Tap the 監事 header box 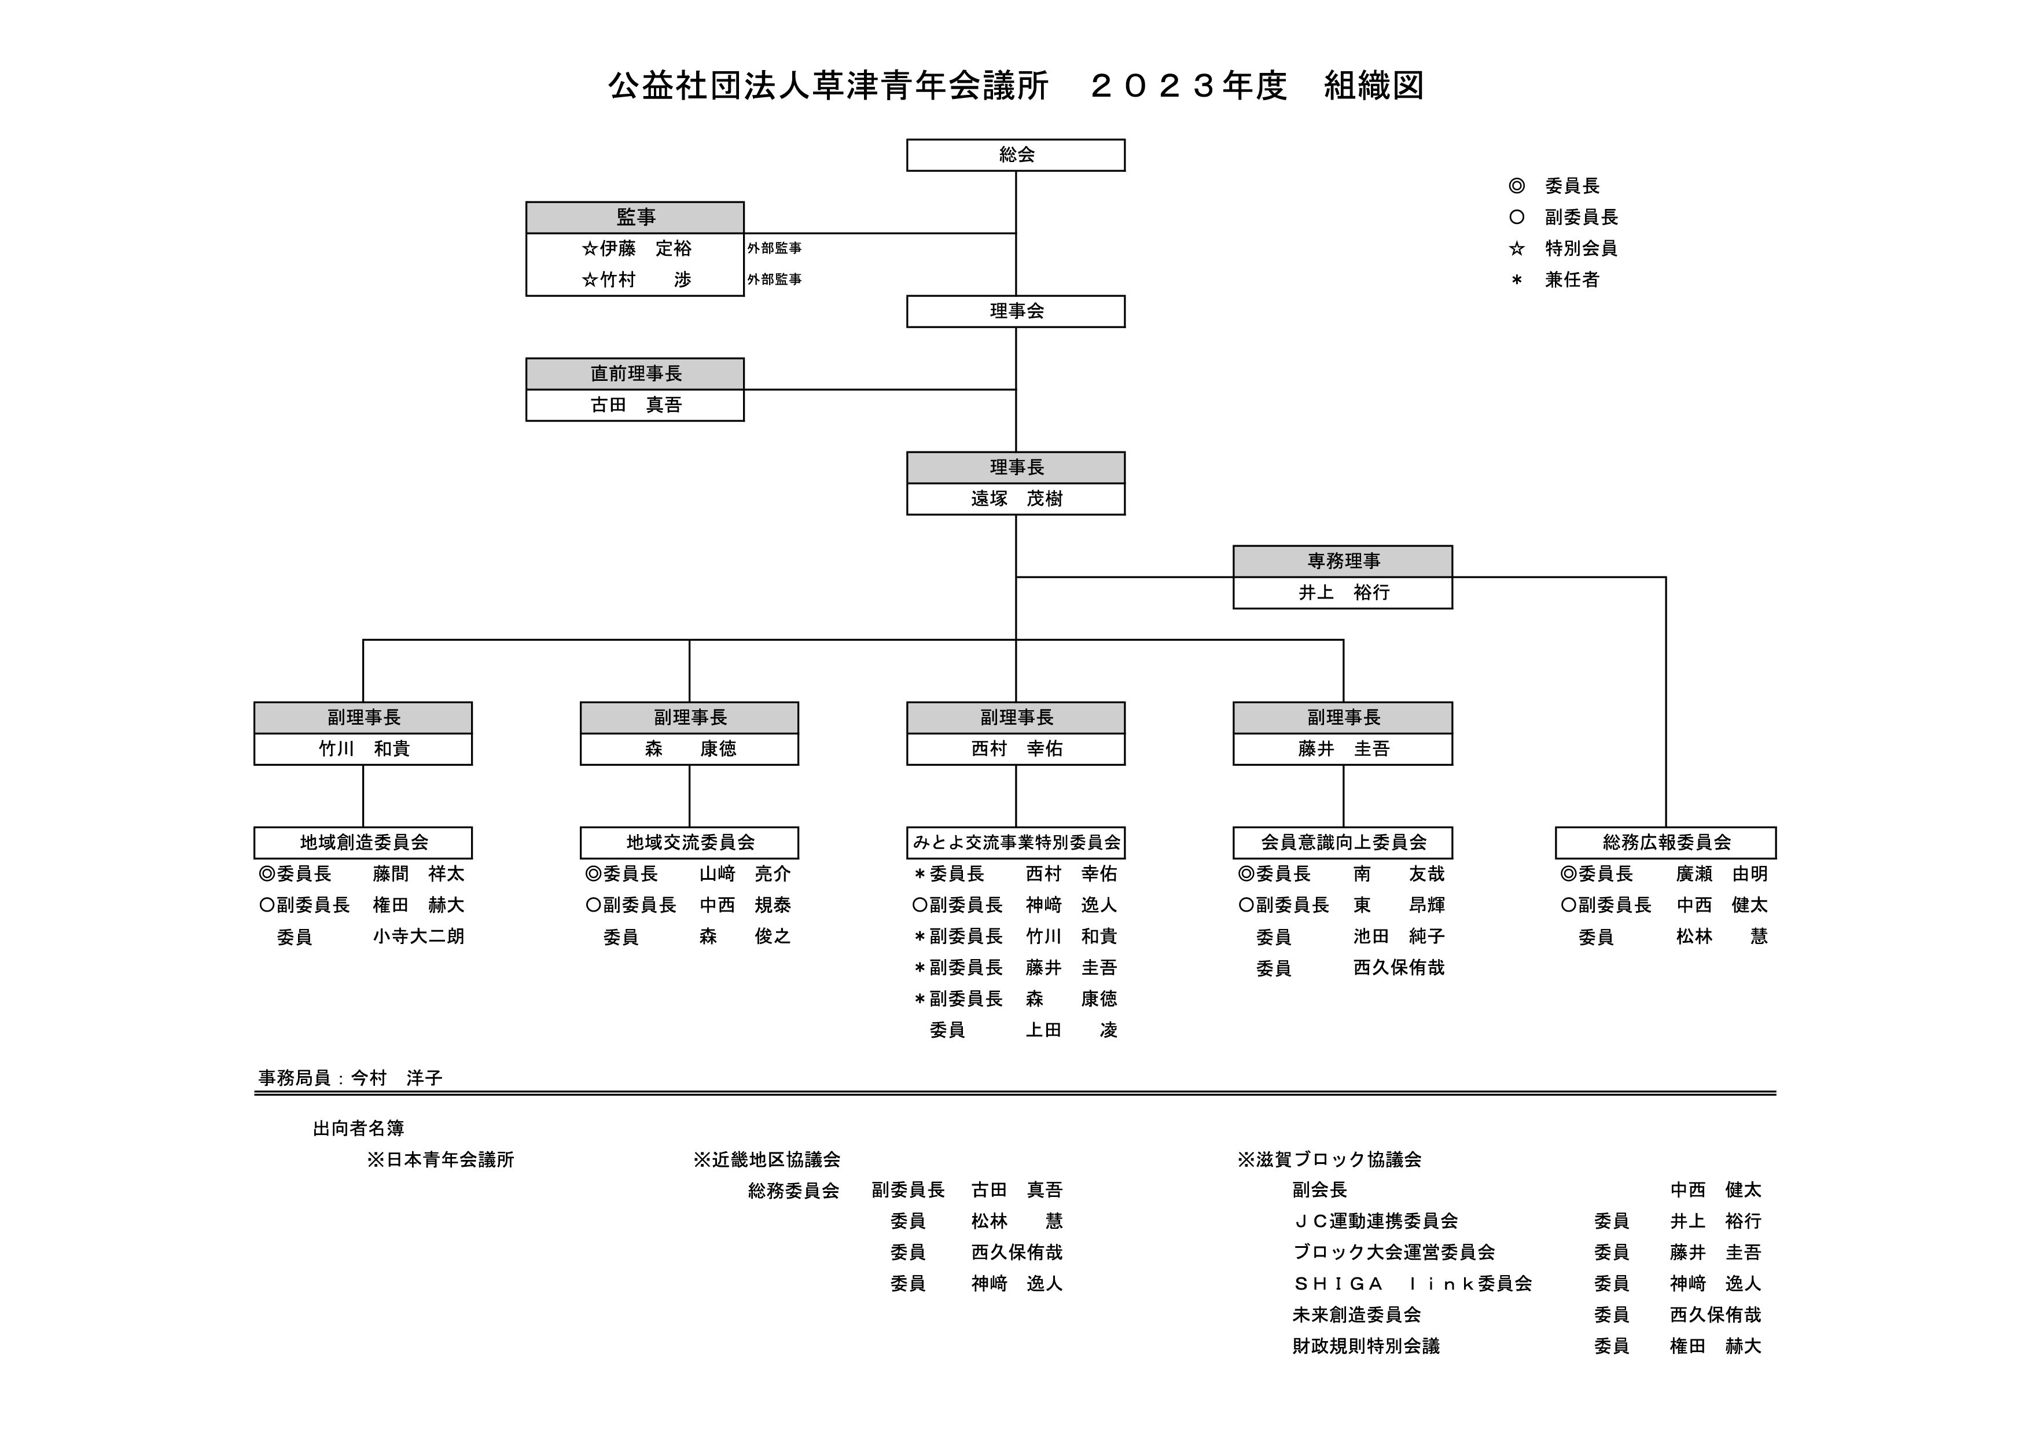click(635, 218)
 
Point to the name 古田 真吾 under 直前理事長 click(636, 405)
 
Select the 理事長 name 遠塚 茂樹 click(1016, 499)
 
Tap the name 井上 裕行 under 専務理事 click(1343, 593)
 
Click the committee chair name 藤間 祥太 click(418, 873)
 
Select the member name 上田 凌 click(1072, 1030)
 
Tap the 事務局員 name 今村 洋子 click(396, 1078)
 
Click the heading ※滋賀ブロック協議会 click(1329, 1159)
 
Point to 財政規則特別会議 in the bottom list click(1366, 1346)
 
